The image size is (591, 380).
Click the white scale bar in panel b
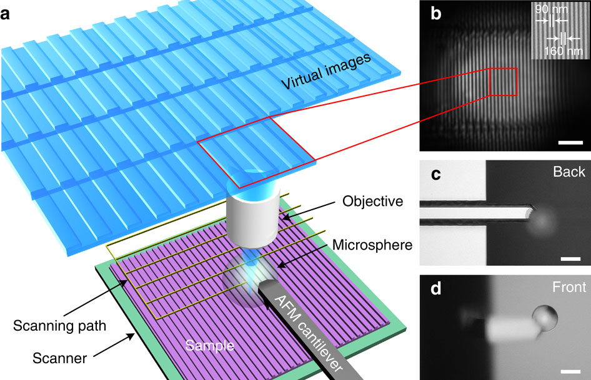coord(569,143)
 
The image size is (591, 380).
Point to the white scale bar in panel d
coord(569,372)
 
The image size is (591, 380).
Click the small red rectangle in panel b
coord(504,82)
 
